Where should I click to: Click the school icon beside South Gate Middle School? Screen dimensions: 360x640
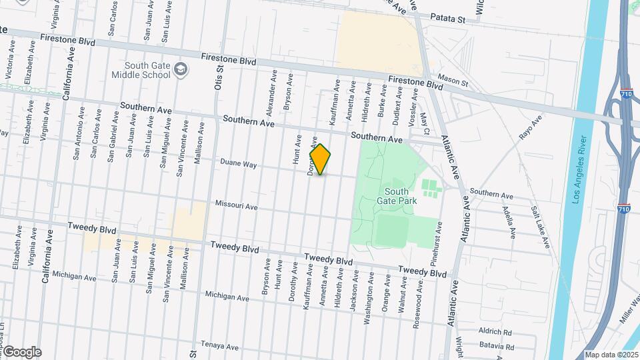[x=180, y=69]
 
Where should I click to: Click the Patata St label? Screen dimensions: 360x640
[x=447, y=19]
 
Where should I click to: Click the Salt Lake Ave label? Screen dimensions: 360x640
[x=540, y=227]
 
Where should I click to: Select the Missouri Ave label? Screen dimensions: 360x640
[x=236, y=207]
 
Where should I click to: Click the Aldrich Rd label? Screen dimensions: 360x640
[x=495, y=331]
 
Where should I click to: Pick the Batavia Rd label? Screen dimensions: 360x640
[x=497, y=347]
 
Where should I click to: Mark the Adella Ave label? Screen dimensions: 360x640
[x=509, y=223]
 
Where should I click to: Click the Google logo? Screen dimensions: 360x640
[x=22, y=352]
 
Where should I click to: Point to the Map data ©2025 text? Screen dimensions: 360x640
[x=611, y=355]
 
